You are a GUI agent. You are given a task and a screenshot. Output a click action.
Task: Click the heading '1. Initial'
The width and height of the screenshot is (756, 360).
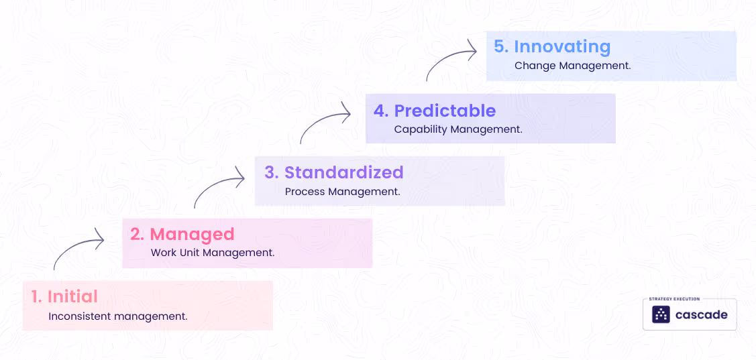pyautogui.click(x=64, y=296)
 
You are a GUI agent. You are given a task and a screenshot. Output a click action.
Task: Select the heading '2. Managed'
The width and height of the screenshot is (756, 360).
pyautogui.click(x=182, y=234)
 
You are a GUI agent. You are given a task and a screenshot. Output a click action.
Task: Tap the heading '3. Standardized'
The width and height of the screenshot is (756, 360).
pyautogui.click(x=333, y=172)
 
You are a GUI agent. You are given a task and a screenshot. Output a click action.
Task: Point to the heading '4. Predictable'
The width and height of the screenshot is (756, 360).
pyautogui.click(x=434, y=111)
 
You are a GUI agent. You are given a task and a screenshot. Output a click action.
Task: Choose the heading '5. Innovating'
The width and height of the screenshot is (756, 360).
pyautogui.click(x=551, y=47)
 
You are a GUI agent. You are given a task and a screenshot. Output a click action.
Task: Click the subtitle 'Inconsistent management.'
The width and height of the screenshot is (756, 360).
pyautogui.click(x=117, y=316)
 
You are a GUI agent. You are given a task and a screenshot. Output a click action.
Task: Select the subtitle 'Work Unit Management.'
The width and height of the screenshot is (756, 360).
pyautogui.click(x=212, y=253)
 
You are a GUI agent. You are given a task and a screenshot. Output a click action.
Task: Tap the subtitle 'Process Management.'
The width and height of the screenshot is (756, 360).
pyautogui.click(x=342, y=192)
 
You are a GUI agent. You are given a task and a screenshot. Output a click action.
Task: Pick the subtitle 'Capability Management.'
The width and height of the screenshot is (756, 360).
pyautogui.click(x=457, y=130)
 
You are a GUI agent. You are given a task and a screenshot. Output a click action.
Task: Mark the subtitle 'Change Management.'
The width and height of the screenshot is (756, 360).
pyautogui.click(x=572, y=66)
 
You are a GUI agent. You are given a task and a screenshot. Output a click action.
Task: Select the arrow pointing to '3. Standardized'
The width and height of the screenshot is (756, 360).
pyautogui.click(x=219, y=188)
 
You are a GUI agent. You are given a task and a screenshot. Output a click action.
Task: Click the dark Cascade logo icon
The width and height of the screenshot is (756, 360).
pyautogui.click(x=661, y=315)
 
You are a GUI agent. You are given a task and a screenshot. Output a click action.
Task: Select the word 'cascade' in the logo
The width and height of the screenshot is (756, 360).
pyautogui.click(x=700, y=315)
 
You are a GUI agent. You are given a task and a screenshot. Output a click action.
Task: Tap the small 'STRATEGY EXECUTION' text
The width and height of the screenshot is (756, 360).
pyautogui.click(x=674, y=299)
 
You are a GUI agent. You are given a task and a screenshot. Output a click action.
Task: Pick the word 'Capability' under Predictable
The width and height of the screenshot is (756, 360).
pyautogui.click(x=420, y=130)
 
